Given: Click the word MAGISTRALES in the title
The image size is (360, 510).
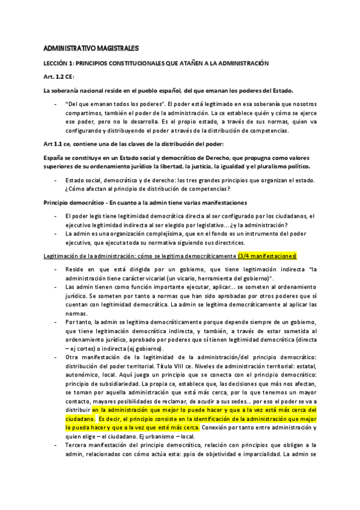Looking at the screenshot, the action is (x=118, y=48).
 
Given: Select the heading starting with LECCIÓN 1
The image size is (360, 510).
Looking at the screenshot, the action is (x=156, y=63).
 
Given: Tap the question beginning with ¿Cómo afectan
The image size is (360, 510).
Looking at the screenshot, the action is (x=131, y=189).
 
